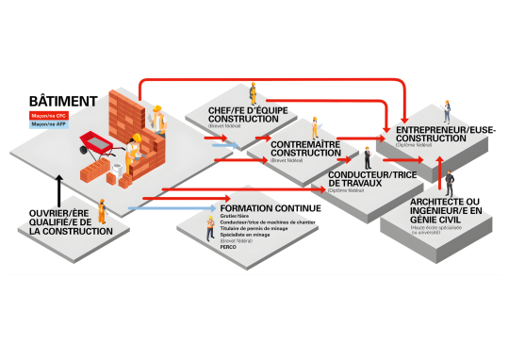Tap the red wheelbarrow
pyautogui.click(x=97, y=142)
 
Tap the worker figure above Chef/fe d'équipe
pyautogui.click(x=252, y=91)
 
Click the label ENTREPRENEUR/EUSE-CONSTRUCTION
pyautogui.click(x=442, y=133)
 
